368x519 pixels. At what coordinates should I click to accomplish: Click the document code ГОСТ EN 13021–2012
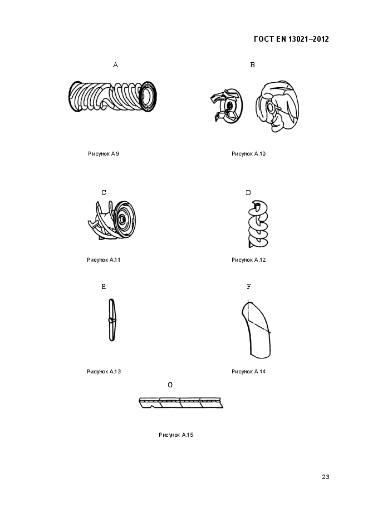[291, 39]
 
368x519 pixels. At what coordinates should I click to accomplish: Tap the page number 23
[326, 476]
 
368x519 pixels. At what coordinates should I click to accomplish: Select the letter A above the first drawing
[115, 65]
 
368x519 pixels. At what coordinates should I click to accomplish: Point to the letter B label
[252, 65]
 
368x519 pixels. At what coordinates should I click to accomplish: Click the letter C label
[104, 193]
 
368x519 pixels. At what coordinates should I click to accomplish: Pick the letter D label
[248, 193]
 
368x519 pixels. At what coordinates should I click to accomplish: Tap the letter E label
[104, 287]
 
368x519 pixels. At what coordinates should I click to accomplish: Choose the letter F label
[248, 287]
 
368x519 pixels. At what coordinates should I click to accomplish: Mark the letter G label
[170, 385]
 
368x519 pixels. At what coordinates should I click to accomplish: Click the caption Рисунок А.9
[104, 153]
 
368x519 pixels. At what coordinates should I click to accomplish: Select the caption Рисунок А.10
[248, 153]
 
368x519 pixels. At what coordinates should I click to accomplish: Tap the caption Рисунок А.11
[104, 259]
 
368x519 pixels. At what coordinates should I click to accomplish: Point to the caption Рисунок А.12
[248, 259]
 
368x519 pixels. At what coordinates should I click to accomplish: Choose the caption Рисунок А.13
[104, 371]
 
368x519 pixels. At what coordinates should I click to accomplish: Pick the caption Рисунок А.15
[175, 435]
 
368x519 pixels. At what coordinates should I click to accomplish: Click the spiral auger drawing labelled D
[256, 225]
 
